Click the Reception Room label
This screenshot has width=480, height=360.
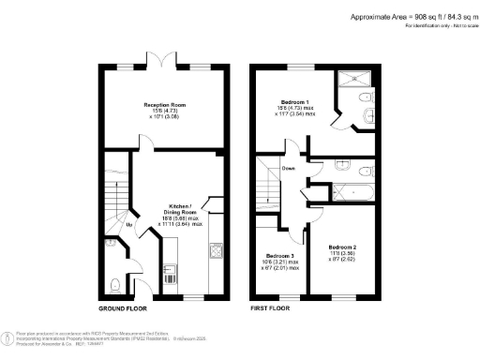[162, 106]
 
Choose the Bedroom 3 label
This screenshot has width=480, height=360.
[279, 256]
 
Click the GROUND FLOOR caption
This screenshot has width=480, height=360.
[124, 308]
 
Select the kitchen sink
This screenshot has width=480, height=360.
[172, 274]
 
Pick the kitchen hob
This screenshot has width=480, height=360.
[215, 250]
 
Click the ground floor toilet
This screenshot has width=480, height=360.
[112, 284]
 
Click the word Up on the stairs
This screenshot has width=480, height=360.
[128, 225]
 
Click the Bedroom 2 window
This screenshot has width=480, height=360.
[341, 297]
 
